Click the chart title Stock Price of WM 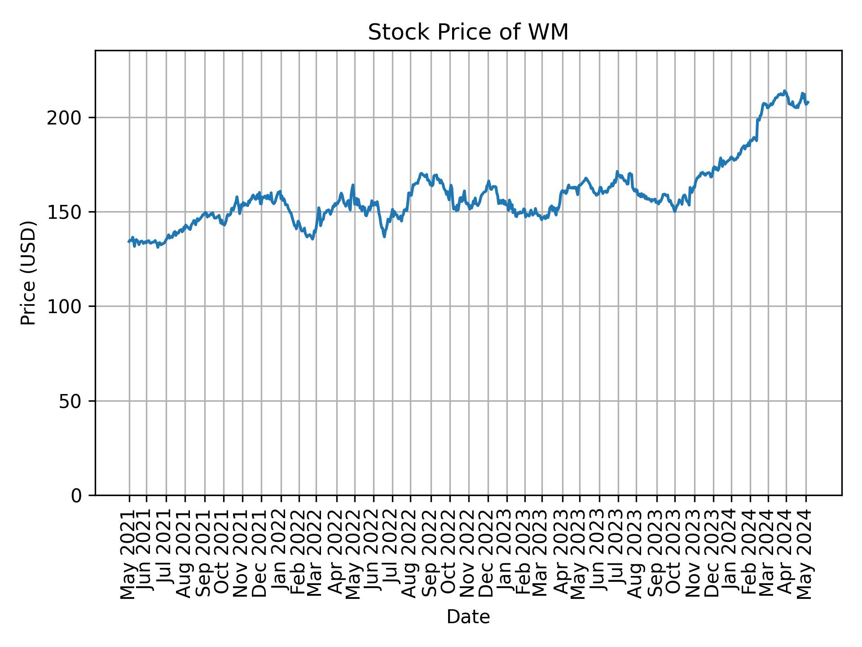468,32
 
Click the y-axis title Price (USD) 28,273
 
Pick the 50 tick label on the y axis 73,401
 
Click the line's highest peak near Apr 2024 784,91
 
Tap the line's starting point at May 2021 129,242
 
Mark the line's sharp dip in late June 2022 384,237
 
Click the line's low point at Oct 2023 674,211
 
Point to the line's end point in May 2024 808,102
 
